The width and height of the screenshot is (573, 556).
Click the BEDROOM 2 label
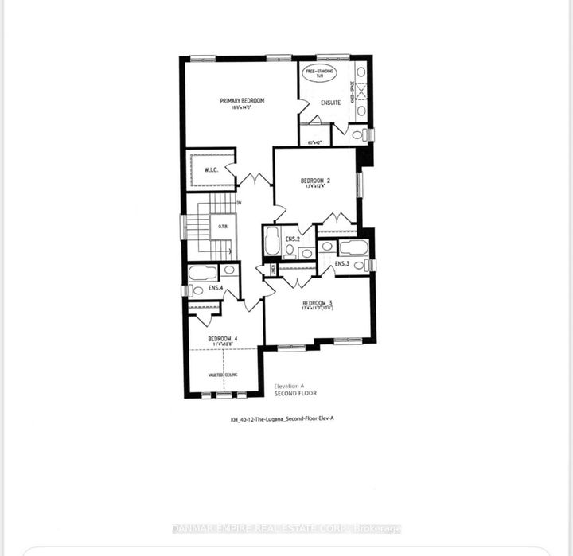coord(315,181)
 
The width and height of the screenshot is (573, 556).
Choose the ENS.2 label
coord(292,239)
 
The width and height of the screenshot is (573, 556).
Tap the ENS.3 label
coord(342,263)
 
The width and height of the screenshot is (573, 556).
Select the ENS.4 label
coord(216,287)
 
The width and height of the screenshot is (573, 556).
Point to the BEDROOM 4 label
coord(223,340)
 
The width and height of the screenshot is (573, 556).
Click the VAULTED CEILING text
coord(224,373)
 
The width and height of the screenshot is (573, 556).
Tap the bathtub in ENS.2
coord(271,240)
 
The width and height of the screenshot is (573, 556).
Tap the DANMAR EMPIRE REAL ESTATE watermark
coord(286,529)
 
